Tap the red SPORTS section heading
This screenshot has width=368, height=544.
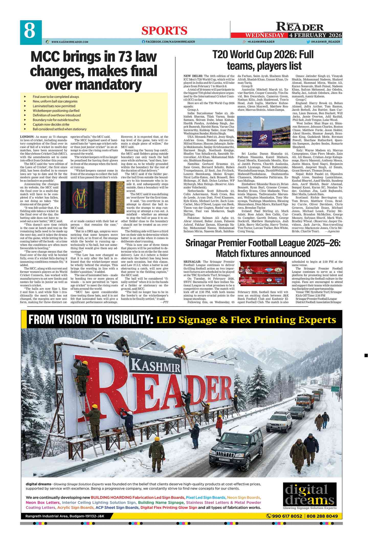point(164,31)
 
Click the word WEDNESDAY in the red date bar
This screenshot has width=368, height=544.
point(264,35)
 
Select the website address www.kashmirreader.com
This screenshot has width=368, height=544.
point(70,42)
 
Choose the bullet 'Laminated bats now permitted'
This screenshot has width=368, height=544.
point(54,106)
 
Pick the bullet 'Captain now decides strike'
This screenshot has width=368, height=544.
point(51,124)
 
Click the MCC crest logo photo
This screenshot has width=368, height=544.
point(88,197)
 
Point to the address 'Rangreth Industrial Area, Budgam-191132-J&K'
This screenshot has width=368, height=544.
point(65,516)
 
